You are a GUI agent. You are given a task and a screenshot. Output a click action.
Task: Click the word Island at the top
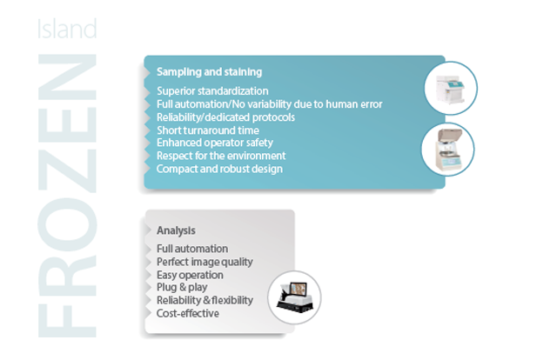coord(67,29)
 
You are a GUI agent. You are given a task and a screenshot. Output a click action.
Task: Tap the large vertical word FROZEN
coord(67,196)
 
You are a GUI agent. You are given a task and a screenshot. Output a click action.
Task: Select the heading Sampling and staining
coord(209,72)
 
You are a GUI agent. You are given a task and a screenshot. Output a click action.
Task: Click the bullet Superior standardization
coord(212,91)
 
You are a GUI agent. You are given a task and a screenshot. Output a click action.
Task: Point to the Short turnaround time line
coord(208,130)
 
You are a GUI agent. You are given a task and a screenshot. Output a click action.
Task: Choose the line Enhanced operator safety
coord(215,143)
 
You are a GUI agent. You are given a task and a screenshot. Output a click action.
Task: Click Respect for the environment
coord(221,156)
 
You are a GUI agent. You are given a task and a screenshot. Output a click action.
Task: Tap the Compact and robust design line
coord(219,169)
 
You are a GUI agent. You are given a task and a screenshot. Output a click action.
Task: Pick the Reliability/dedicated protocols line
coord(225,117)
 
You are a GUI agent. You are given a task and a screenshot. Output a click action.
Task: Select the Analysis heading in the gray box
coord(176,230)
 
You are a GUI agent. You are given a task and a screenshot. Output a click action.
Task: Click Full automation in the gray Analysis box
coord(192,249)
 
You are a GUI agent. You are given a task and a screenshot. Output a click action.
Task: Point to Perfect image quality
coord(205,262)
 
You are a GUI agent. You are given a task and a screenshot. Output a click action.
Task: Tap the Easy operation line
coord(190,275)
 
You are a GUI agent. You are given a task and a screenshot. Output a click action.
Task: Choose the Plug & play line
coord(182,288)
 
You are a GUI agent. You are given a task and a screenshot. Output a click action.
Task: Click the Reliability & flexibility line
coord(205,300)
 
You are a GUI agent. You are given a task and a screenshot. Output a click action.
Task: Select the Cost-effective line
coord(188,313)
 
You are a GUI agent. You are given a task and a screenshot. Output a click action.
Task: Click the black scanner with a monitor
coord(295,297)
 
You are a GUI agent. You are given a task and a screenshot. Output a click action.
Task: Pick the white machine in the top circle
coord(450,90)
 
